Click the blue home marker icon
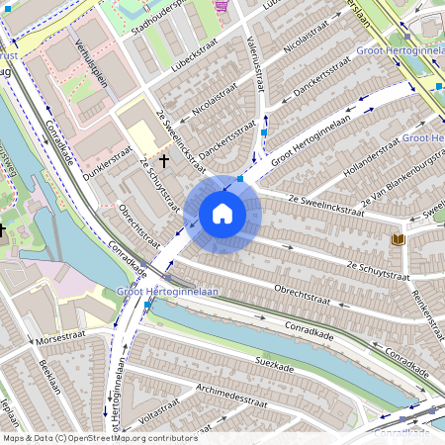(x=222, y=214)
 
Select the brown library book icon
(x=399, y=239)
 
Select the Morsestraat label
(x=60, y=339)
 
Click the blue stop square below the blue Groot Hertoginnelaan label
(x=147, y=306)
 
